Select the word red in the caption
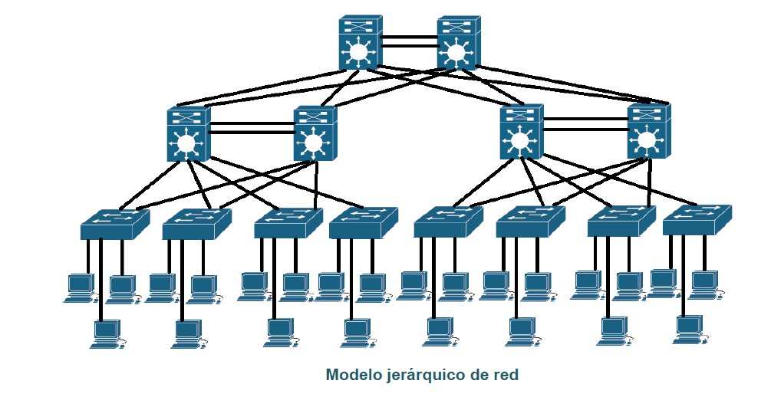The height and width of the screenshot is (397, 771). [x=506, y=376]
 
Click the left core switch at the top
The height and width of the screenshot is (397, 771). [x=358, y=44]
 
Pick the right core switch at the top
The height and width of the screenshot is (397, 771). [x=457, y=44]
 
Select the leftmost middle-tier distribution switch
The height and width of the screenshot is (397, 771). [x=186, y=134]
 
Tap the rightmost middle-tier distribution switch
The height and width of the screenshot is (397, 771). [x=648, y=131]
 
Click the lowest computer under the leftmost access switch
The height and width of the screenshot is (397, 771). [x=105, y=334]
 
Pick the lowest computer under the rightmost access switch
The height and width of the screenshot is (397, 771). [x=688, y=329]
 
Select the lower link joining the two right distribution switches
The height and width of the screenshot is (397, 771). [x=585, y=129]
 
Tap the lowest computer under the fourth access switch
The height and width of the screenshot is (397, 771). [x=355, y=332]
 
